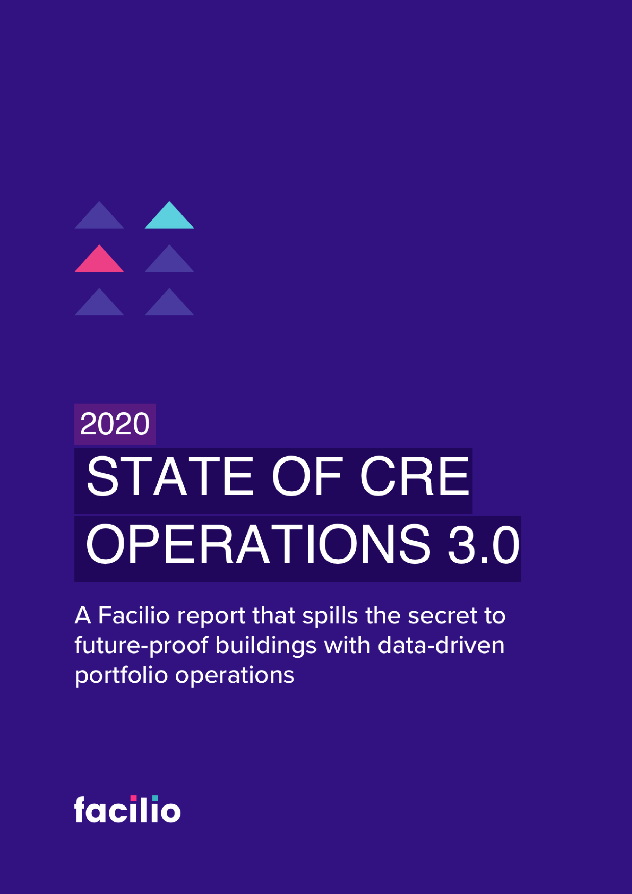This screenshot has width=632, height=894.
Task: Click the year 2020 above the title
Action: pyautogui.click(x=115, y=424)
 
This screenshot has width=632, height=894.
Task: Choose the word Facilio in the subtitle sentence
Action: pyautogui.click(x=134, y=616)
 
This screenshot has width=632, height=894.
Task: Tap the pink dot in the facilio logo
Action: pyautogui.click(x=134, y=798)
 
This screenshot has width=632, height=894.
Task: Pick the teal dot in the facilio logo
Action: pyautogui.click(x=155, y=798)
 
